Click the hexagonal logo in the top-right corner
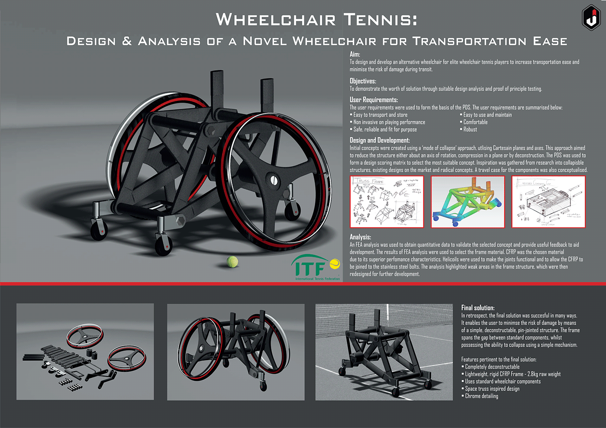point(590,18)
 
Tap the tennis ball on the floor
point(232,261)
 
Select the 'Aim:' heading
point(355,54)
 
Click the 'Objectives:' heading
point(363,81)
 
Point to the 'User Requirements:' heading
point(374,100)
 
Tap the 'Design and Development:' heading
point(380,140)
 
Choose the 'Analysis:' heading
point(360,237)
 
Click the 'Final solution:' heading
point(477,308)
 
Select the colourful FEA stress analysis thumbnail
point(467,202)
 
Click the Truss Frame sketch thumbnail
point(387,202)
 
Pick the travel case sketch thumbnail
point(548,202)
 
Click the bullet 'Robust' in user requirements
point(470,129)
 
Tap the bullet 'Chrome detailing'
point(481,396)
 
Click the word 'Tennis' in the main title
point(380,19)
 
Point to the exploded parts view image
point(85,351)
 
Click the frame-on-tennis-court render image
point(384,352)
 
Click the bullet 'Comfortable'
point(475,122)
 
